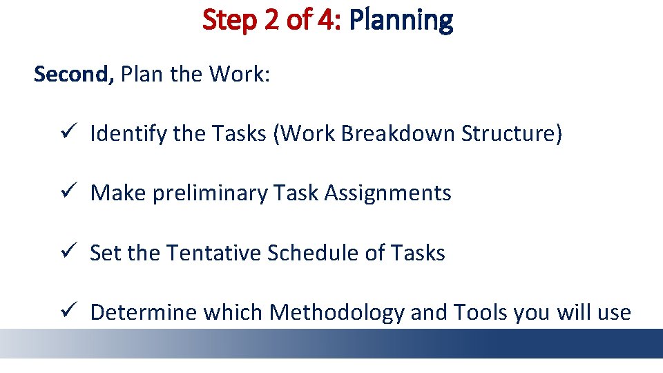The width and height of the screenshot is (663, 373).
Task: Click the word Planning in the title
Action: [x=401, y=21]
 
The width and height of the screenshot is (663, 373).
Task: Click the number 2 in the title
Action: [x=268, y=21]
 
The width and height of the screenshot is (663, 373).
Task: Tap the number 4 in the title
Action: [x=326, y=21]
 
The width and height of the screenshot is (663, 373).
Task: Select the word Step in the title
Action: [x=229, y=21]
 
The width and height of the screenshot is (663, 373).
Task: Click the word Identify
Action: [x=128, y=134]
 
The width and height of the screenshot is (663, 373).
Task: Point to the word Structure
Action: [x=512, y=133]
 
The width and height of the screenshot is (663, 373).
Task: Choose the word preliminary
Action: [x=209, y=193]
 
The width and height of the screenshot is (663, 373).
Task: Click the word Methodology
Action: [x=336, y=313]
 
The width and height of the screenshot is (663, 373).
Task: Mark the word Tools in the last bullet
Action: [x=481, y=312]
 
